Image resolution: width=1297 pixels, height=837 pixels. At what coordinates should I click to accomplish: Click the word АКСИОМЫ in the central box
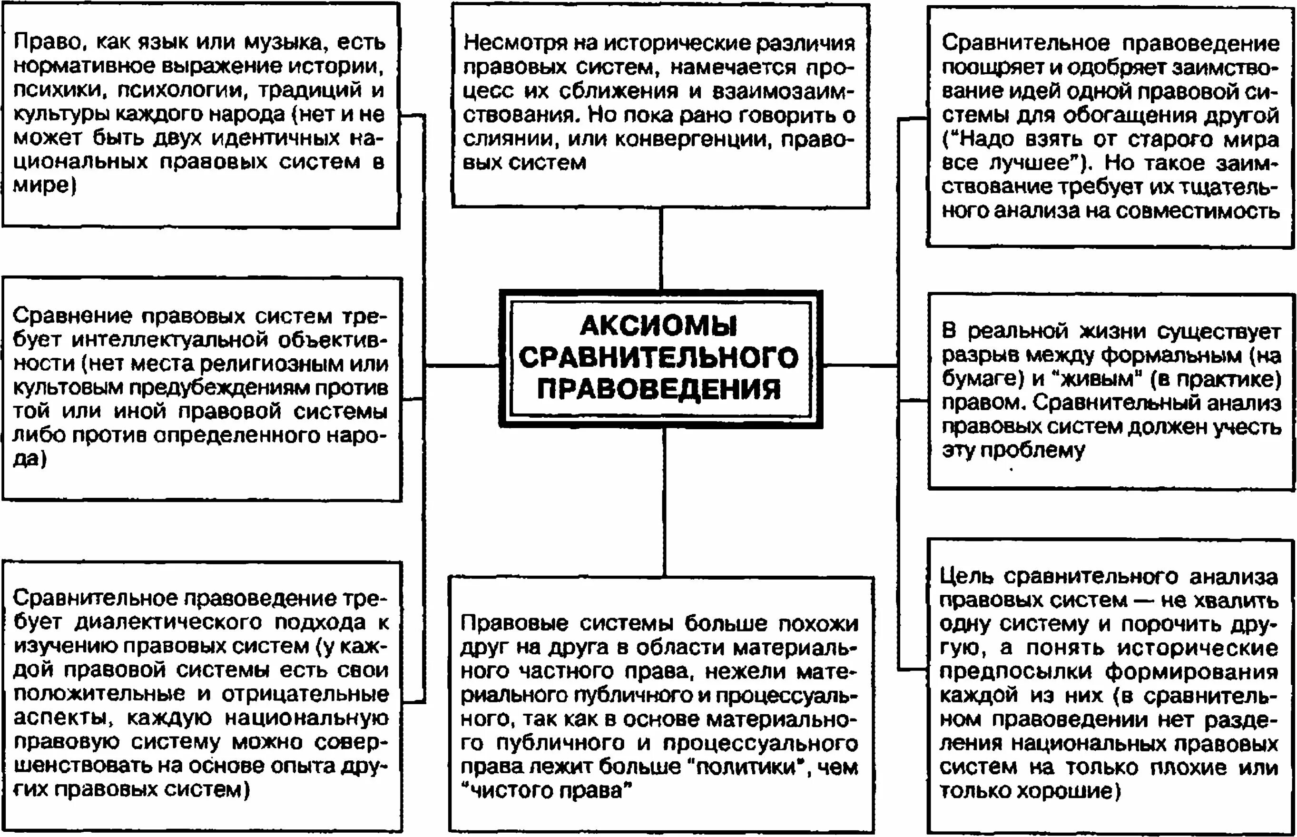658,326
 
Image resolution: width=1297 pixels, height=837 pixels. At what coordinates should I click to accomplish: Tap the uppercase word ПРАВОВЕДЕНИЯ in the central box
659,390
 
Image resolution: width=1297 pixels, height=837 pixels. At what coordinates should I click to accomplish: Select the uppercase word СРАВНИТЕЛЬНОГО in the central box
659,358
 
